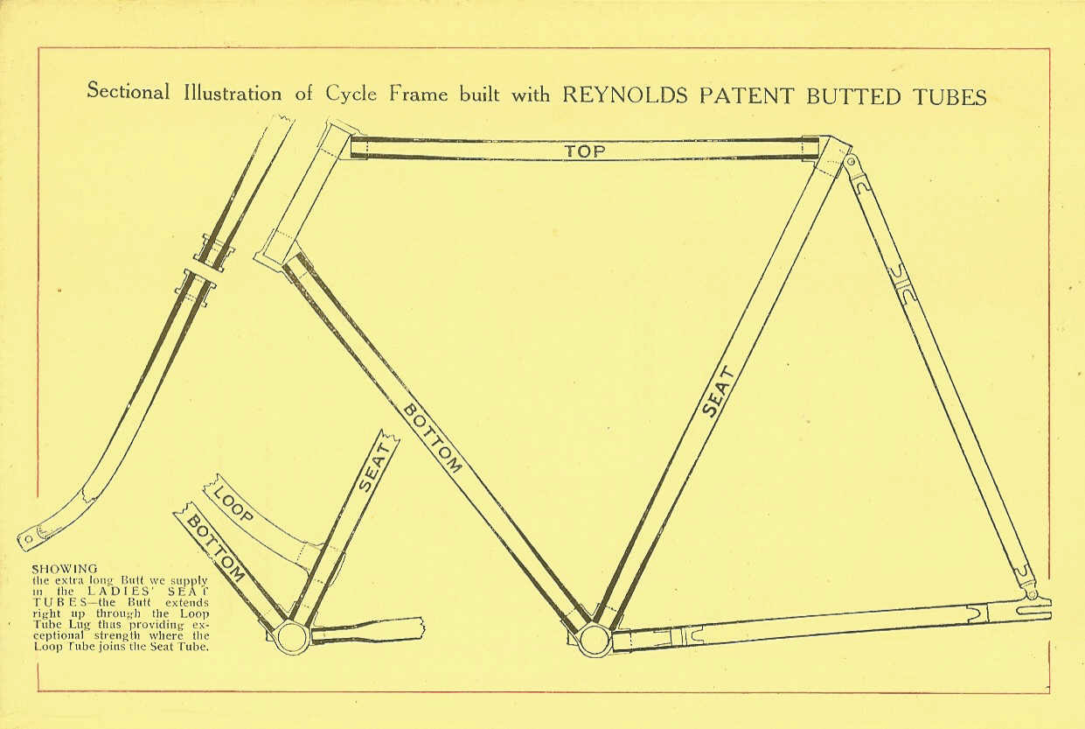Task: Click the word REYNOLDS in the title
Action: click(625, 95)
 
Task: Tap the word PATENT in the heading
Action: click(747, 96)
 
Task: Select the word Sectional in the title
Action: click(129, 91)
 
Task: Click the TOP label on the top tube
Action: click(585, 151)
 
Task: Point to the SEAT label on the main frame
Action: click(718, 392)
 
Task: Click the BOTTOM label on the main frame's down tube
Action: click(432, 439)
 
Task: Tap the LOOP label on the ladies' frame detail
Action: click(233, 505)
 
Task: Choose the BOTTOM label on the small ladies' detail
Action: click(215, 548)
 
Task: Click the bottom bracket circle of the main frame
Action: click(594, 641)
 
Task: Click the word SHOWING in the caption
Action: click(65, 569)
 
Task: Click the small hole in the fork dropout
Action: click(28, 538)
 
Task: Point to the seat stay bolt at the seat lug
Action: click(851, 161)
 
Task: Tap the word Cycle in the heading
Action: click(351, 93)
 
